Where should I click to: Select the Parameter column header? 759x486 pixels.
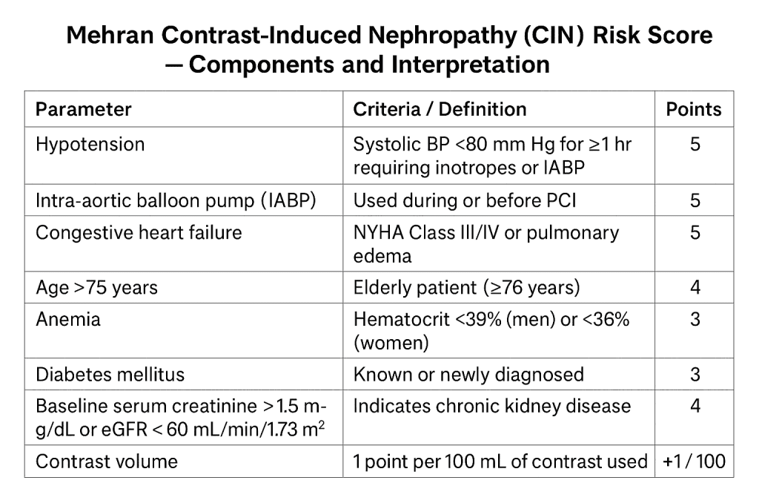pyautogui.click(x=84, y=109)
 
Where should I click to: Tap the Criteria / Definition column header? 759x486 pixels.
pyautogui.click(x=440, y=109)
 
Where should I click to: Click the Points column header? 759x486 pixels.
pyautogui.click(x=694, y=109)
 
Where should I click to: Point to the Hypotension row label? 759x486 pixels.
pyautogui.click(x=90, y=144)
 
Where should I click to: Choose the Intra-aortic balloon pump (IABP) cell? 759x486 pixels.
pyautogui.click(x=176, y=201)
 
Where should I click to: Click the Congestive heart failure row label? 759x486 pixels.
pyautogui.click(x=139, y=232)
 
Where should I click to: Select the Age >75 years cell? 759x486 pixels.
pyautogui.click(x=96, y=287)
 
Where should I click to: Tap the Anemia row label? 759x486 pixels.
pyautogui.click(x=68, y=319)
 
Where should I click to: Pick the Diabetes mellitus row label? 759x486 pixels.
pyautogui.click(x=110, y=374)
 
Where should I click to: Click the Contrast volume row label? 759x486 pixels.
pyautogui.click(x=107, y=461)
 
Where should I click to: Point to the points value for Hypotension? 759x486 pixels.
pyautogui.click(x=695, y=144)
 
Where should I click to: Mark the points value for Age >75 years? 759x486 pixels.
pyautogui.click(x=695, y=287)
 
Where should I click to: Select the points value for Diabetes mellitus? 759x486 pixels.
pyautogui.click(x=695, y=374)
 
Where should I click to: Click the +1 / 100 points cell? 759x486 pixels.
pyautogui.click(x=695, y=461)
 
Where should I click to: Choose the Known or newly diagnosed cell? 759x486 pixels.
pyautogui.click(x=468, y=374)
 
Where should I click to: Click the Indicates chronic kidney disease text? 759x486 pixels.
pyautogui.click(x=492, y=406)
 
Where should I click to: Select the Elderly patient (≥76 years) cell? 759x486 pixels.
pyautogui.click(x=466, y=287)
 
